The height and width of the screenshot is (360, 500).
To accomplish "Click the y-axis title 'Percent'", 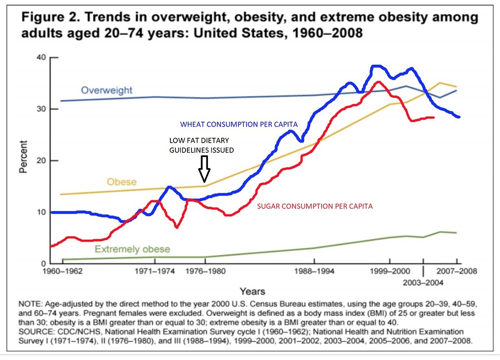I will pos(23,157).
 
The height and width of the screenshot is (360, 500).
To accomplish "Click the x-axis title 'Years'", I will pos(252,292).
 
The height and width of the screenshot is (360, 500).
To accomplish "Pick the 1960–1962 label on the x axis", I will pos(62,271).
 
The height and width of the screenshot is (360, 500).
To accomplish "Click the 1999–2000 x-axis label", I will pos(390,271).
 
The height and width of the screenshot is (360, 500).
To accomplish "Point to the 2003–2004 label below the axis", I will pos(423,282).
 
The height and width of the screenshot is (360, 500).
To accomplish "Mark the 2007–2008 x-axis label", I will pos(457,271).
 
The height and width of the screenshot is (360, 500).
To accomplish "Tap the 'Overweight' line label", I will pos(106,90).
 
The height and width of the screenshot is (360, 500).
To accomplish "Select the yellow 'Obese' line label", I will pos(122,182).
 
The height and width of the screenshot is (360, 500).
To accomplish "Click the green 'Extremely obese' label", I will pos(132,249).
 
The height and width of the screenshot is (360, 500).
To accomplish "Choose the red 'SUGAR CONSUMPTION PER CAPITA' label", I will pos(315,206).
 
